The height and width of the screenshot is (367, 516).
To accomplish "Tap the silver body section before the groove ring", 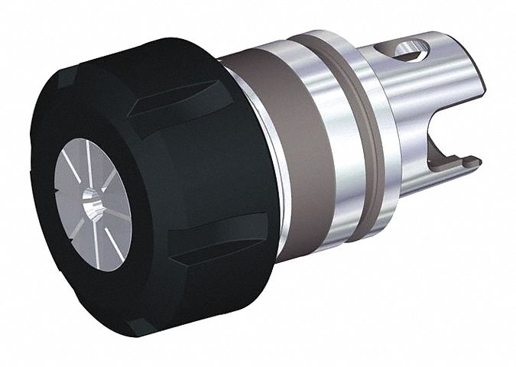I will click(321, 153).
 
